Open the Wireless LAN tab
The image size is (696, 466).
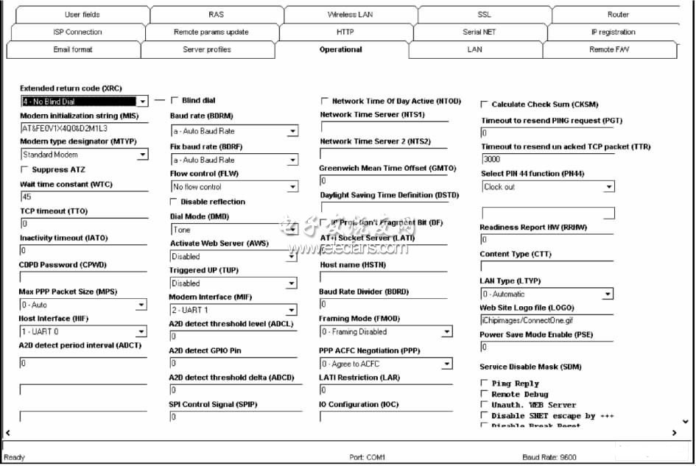tap(350, 15)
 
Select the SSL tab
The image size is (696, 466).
tap(484, 15)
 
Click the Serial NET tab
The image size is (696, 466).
tap(479, 32)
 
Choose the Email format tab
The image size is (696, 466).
tap(73, 50)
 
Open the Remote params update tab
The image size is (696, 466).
tap(211, 32)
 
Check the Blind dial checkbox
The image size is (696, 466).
tap(175, 100)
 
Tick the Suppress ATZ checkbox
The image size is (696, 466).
tap(26, 170)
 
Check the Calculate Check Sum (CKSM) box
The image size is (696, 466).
tap(485, 105)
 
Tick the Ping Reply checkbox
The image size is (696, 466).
tap(484, 384)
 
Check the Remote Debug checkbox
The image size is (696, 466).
tap(484, 395)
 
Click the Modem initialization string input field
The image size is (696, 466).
tap(83, 128)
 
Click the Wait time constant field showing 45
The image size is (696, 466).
tap(83, 197)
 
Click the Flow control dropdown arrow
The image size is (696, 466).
tap(292, 187)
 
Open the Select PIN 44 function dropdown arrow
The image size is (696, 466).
tap(608, 187)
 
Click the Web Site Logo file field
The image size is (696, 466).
tap(546, 320)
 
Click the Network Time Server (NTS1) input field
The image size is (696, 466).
tap(383, 127)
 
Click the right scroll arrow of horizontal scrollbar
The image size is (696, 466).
tap(674, 433)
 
